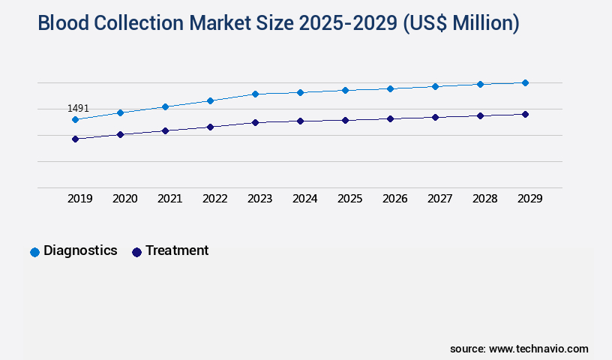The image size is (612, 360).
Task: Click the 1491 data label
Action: click(x=78, y=109)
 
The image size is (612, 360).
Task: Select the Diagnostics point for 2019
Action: click(x=75, y=119)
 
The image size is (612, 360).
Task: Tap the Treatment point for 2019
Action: click(x=75, y=139)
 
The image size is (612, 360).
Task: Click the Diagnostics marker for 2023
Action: click(x=255, y=94)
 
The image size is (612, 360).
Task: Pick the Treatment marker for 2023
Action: click(x=255, y=122)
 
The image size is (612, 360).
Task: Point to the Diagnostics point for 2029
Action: click(x=525, y=82)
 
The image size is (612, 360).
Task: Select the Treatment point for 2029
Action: click(x=525, y=114)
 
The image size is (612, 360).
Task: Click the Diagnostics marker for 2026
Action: click(x=390, y=88)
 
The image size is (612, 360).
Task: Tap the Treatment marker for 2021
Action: click(x=165, y=130)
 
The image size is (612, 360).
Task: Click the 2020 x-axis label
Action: click(x=124, y=199)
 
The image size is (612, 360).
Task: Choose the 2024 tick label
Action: click(x=304, y=199)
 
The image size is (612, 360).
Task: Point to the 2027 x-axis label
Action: click(x=439, y=199)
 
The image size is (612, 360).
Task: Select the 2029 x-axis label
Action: click(x=529, y=199)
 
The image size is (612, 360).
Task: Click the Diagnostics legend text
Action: click(x=80, y=250)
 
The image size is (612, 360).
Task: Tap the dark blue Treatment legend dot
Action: click(x=136, y=252)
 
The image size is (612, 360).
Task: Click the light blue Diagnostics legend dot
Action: click(x=34, y=252)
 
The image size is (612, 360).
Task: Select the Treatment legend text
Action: click(x=177, y=250)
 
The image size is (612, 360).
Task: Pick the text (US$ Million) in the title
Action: click(x=460, y=24)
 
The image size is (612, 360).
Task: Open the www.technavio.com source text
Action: click(x=538, y=349)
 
